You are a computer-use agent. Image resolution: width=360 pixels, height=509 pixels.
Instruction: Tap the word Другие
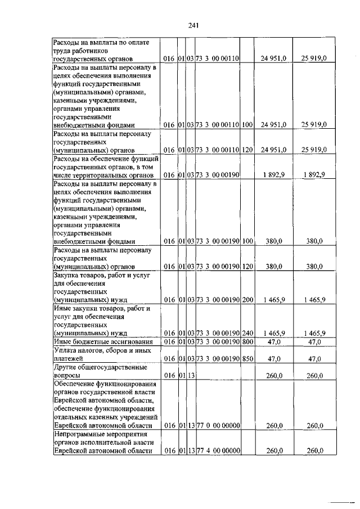65,367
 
